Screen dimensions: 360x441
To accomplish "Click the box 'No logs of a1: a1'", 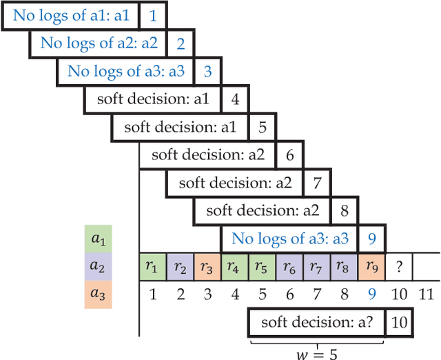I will tap(71, 14).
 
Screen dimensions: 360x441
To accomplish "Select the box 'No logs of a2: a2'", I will tap(99, 43).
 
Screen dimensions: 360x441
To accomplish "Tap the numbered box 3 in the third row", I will tap(207, 71).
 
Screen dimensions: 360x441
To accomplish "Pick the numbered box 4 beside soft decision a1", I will tap(235, 99).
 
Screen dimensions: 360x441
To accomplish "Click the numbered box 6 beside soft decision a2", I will tap(289, 155).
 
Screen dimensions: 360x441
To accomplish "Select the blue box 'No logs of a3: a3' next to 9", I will tap(290, 239).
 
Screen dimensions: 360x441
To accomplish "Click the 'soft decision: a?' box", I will tap(317, 322).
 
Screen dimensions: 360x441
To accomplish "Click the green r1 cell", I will tap(153, 266).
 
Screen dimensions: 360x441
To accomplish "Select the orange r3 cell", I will tap(207, 266).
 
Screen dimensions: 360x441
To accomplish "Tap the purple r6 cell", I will tap(289, 266).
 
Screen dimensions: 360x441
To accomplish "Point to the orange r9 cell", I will tap(371, 266).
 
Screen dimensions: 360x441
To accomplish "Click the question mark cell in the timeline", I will tap(399, 266).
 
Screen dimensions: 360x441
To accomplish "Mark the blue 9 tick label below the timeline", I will tap(371, 294).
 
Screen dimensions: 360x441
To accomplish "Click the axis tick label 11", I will tap(426, 294).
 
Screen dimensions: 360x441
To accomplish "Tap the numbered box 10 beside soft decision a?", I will tap(399, 322).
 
